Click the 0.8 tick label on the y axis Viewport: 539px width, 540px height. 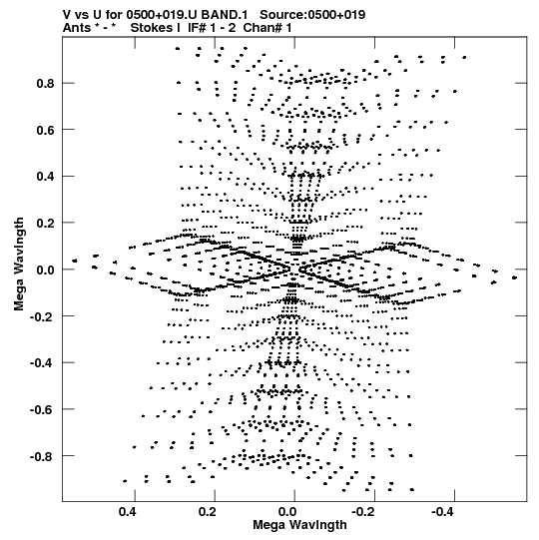[x=46, y=83]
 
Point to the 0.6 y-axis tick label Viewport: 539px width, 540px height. [x=46, y=130]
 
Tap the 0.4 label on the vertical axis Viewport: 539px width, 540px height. [x=46, y=177]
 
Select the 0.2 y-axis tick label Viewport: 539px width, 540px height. [x=46, y=223]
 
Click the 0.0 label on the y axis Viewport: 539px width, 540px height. [x=46, y=270]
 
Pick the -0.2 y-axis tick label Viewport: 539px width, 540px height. [x=42, y=316]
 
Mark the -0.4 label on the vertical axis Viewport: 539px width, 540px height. [x=42, y=362]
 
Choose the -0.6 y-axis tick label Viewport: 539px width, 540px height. [x=42, y=409]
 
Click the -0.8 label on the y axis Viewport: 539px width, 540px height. [x=42, y=456]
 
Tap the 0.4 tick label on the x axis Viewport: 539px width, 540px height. [x=128, y=512]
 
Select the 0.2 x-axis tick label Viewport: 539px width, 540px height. [x=208, y=512]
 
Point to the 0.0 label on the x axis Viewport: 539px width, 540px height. [x=287, y=512]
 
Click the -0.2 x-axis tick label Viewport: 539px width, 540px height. [x=364, y=512]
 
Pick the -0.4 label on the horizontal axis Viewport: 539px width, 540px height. [x=444, y=512]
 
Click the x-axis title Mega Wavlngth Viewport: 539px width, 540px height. [x=299, y=525]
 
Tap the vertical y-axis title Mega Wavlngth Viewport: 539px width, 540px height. [x=19, y=264]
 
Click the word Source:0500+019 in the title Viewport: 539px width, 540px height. [x=312, y=15]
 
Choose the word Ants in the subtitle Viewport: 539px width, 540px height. [x=77, y=28]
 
